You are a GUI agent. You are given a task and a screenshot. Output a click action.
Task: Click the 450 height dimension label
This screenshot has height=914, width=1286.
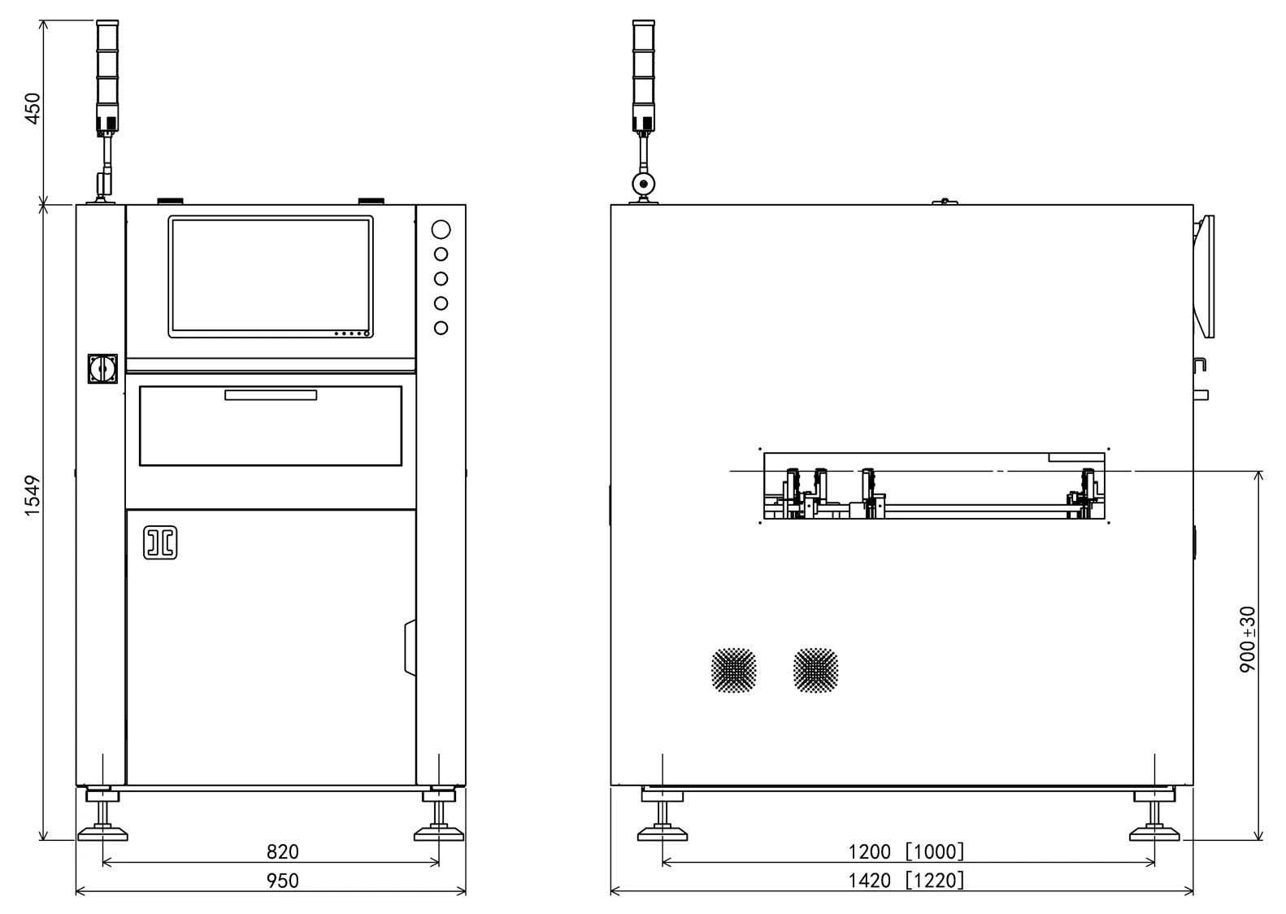[x=33, y=108]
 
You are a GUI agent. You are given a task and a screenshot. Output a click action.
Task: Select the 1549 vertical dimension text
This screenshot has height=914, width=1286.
[x=33, y=495]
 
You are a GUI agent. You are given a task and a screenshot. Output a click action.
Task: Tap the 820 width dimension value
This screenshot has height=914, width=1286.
[x=282, y=852]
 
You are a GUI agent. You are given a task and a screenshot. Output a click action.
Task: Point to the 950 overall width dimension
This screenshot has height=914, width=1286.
[x=282, y=881]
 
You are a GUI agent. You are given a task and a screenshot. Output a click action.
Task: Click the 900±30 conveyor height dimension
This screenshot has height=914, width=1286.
[x=1247, y=639]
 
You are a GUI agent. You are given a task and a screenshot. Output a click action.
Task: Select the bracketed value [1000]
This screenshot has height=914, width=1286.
[x=935, y=852]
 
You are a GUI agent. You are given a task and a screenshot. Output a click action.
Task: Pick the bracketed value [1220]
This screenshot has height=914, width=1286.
[x=935, y=881]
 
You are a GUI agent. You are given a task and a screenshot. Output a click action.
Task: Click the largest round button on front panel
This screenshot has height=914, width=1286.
[x=441, y=229]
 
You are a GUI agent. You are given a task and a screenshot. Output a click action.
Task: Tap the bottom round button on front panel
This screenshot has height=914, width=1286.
[x=441, y=328]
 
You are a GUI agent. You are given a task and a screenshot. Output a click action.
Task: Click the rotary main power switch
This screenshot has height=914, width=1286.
[x=102, y=368]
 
